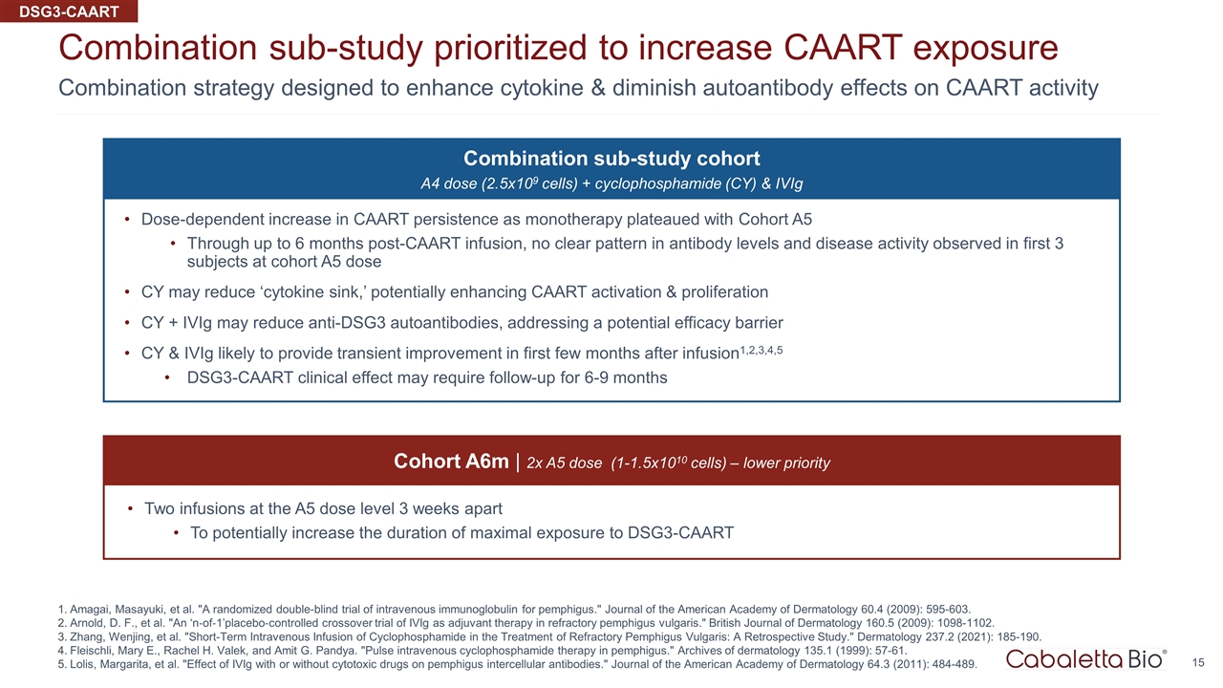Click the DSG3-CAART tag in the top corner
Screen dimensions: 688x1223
(69, 11)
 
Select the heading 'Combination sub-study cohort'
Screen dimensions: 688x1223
(611, 158)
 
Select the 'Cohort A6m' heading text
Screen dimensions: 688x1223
(451, 462)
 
